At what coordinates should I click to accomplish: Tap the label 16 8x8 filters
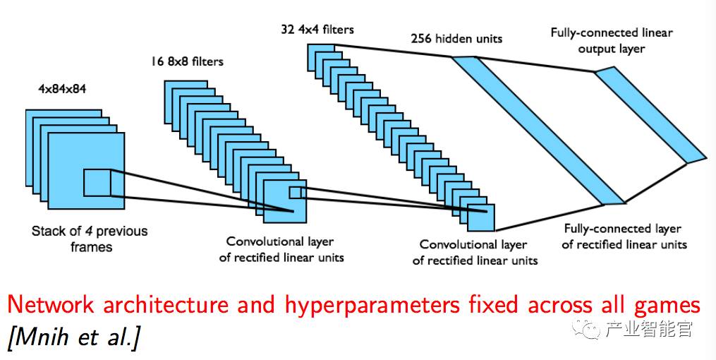pyautogui.click(x=186, y=61)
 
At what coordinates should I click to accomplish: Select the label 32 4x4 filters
pyautogui.click(x=317, y=30)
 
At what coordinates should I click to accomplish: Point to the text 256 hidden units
pyautogui.click(x=456, y=38)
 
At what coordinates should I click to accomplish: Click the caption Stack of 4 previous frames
pyautogui.click(x=90, y=239)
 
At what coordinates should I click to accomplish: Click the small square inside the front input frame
pyautogui.click(x=97, y=183)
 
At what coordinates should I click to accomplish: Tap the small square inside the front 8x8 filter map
pyautogui.click(x=294, y=193)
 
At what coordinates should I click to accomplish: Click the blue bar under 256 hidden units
pyautogui.click(x=536, y=131)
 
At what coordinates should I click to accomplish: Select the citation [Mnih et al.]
pyautogui.click(x=73, y=338)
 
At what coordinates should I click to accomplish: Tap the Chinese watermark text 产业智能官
pyautogui.click(x=649, y=329)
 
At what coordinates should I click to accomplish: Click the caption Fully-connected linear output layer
pyautogui.click(x=611, y=40)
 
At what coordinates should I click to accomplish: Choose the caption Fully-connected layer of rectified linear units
pyautogui.click(x=623, y=236)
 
